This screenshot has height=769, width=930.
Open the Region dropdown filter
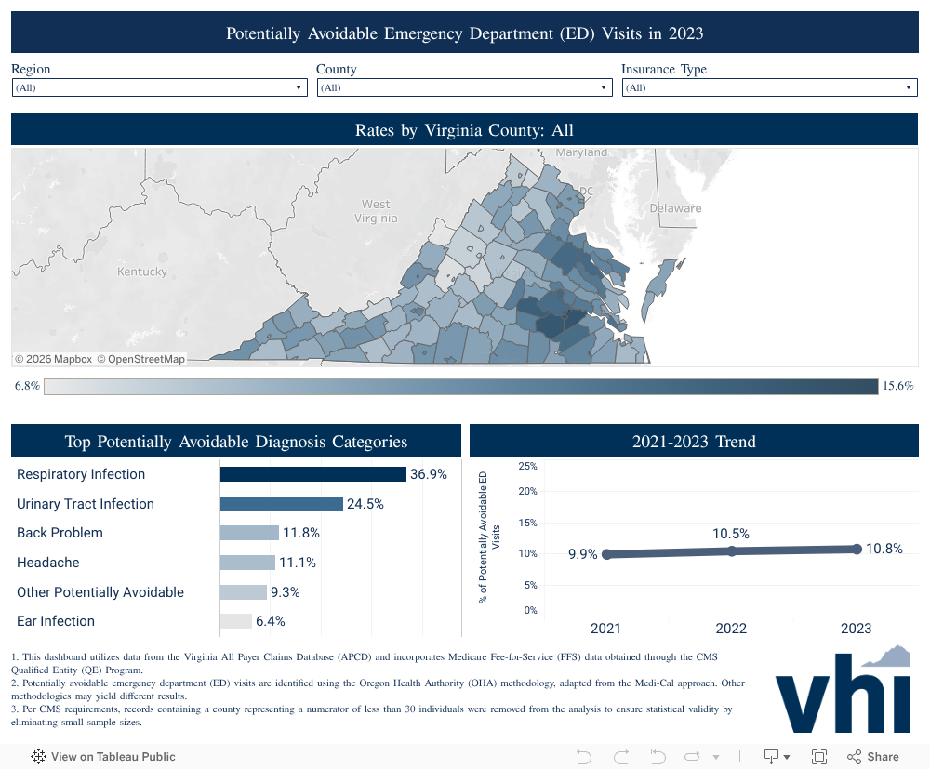pos(159,87)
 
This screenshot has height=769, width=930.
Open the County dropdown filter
pos(464,87)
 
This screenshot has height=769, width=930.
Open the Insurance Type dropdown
pos(769,87)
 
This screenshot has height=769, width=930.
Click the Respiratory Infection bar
pos(313,474)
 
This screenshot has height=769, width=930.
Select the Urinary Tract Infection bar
pos(282,504)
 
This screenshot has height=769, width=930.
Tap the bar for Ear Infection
pos(236,621)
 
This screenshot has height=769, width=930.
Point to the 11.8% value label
pos(301,533)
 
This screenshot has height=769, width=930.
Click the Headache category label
pos(48,563)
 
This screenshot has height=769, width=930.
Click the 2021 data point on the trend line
pos(607,554)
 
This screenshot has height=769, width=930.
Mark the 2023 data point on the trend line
pos(857,549)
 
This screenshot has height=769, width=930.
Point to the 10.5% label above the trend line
pos(731,534)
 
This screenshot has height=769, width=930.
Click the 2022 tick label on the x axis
pos(731,629)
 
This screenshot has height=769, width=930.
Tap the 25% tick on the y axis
pos(527,466)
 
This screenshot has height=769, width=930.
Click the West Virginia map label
pos(376,211)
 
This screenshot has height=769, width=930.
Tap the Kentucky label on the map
pos(142,272)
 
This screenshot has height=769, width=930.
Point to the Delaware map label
pos(675,207)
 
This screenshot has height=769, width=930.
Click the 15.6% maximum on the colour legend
pos(898,386)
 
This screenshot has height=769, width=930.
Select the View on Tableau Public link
pos(103,757)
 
